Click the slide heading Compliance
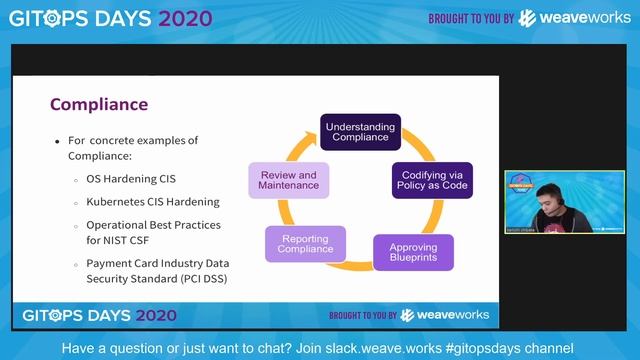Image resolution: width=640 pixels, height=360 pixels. tap(99, 104)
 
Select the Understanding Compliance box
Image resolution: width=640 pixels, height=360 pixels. tap(360, 130)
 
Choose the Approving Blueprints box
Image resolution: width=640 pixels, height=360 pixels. tap(412, 252)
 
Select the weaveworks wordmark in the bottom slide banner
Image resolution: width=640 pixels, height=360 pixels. tap(456, 315)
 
